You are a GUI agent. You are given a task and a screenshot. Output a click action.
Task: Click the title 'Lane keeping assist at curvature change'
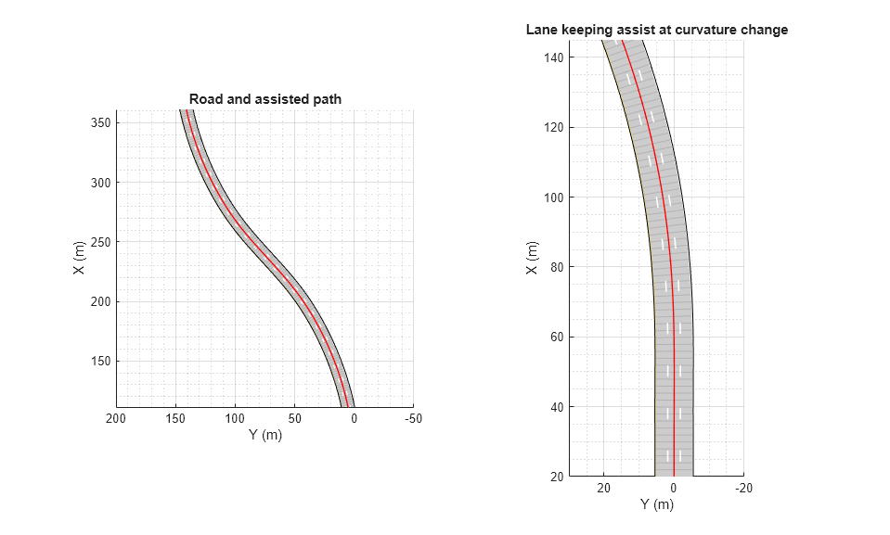pos(656,30)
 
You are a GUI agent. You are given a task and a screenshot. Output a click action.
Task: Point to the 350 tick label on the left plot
pos(99,122)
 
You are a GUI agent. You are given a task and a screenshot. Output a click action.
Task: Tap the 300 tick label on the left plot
pos(99,183)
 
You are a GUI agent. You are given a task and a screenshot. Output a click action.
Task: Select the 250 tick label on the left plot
pos(99,242)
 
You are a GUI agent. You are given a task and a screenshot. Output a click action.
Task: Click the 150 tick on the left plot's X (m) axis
pos(99,362)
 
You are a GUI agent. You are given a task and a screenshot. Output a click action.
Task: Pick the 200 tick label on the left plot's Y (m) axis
pos(116,419)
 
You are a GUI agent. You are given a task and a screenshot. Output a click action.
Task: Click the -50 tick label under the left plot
pos(413,419)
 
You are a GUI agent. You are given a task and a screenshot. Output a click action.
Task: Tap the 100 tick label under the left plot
pos(235,419)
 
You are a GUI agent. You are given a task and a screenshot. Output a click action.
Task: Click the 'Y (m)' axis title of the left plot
pos(264,435)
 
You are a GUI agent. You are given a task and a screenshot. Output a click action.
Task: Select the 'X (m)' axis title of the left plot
pos(79,257)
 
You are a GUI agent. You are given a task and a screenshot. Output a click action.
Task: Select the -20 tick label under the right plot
pos(742,489)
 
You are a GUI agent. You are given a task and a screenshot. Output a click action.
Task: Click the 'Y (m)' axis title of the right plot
pos(656,504)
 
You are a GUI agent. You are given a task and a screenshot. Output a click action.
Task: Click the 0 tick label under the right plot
pos(674,489)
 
